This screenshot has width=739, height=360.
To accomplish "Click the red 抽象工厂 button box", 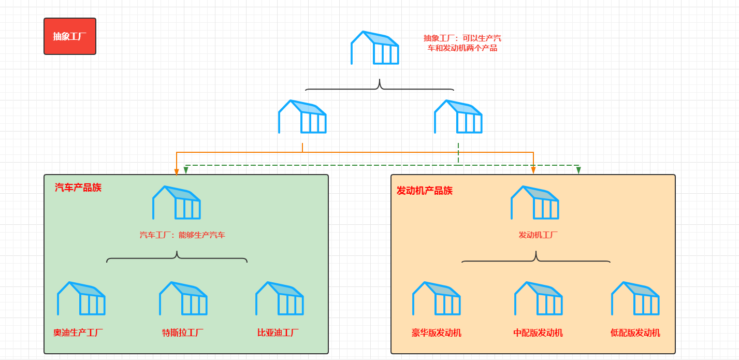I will (70, 36).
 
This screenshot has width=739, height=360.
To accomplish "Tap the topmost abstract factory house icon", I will (375, 48).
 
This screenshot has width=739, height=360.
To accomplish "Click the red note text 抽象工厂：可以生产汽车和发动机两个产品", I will (462, 43).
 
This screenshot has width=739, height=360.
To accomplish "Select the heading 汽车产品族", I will (78, 188).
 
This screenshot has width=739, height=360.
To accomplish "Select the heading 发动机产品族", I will (425, 191).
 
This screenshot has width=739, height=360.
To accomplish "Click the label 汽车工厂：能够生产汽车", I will (182, 235).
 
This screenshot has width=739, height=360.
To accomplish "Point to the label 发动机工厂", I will (538, 235).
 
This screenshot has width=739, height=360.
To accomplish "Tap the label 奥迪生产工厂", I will (78, 333).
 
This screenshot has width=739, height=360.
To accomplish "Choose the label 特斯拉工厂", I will (183, 333).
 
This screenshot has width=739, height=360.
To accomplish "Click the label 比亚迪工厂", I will (278, 333).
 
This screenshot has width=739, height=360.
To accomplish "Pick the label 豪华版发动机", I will (437, 333).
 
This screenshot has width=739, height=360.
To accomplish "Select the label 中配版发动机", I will (538, 333).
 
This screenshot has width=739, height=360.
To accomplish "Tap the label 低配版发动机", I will (635, 333).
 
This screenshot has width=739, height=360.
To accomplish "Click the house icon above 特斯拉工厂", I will (183, 298).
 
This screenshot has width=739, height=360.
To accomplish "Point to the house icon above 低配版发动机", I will (635, 298).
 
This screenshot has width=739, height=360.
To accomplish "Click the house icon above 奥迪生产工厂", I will (81, 298).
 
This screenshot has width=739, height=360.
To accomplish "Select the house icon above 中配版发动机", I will (539, 298).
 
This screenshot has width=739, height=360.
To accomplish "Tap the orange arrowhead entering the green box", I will (177, 171).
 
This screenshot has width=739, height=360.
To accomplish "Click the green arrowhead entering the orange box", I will (578, 170).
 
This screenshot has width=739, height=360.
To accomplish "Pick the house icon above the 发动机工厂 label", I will (535, 203).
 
